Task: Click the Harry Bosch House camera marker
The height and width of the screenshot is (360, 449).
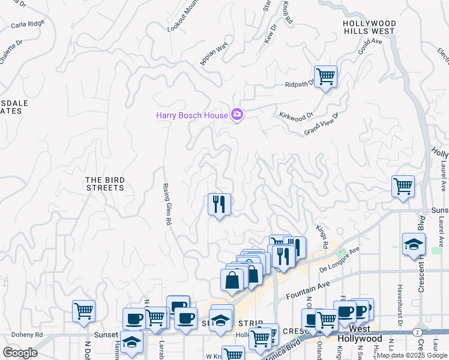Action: tap(237, 115)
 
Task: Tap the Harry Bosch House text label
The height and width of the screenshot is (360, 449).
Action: tap(192, 115)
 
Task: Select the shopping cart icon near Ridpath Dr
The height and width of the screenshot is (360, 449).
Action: tap(325, 77)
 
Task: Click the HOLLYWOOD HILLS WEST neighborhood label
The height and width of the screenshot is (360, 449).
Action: tap(369, 27)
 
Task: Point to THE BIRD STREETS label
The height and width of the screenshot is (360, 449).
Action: tap(104, 184)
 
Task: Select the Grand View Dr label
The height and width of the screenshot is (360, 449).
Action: tap(322, 124)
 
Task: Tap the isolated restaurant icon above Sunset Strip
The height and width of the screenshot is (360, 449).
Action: tap(219, 204)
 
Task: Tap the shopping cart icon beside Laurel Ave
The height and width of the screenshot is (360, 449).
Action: tap(403, 186)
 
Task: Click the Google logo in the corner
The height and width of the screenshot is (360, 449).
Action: tap(20, 352)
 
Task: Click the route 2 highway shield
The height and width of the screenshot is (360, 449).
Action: tap(416, 332)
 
